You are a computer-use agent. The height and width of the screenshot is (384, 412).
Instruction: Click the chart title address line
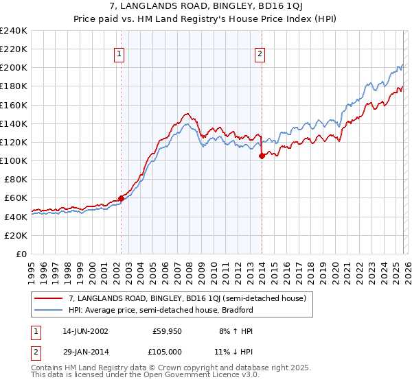coord(206,6)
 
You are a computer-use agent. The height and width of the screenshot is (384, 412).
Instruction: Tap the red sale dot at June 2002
coord(121,198)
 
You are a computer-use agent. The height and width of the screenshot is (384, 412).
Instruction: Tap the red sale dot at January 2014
coord(262,156)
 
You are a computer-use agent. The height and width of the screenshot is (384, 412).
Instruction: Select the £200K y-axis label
coord(14,68)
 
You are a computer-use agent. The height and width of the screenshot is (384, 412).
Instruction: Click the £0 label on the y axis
coord(21,254)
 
